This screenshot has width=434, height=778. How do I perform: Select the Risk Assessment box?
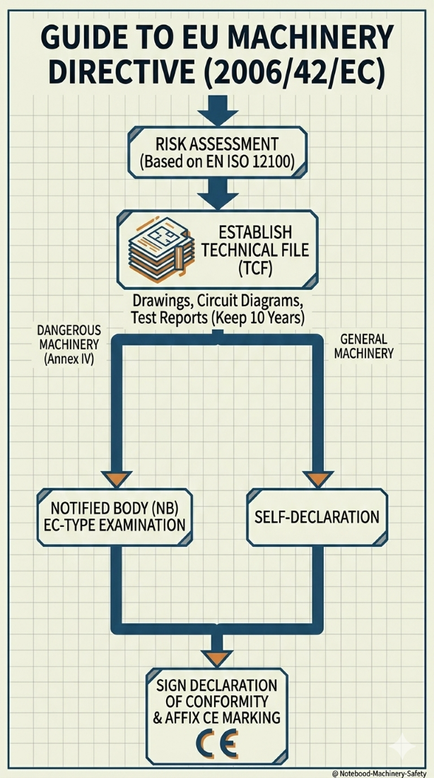(216, 151)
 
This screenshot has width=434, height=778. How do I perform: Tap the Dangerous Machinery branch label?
(69, 337)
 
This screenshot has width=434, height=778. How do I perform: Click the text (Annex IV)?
(69, 359)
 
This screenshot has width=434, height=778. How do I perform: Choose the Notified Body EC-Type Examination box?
(113, 517)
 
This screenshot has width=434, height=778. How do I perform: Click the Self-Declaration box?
(317, 517)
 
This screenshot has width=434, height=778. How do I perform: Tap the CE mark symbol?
(218, 745)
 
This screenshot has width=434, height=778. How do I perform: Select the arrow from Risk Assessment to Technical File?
(216, 191)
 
